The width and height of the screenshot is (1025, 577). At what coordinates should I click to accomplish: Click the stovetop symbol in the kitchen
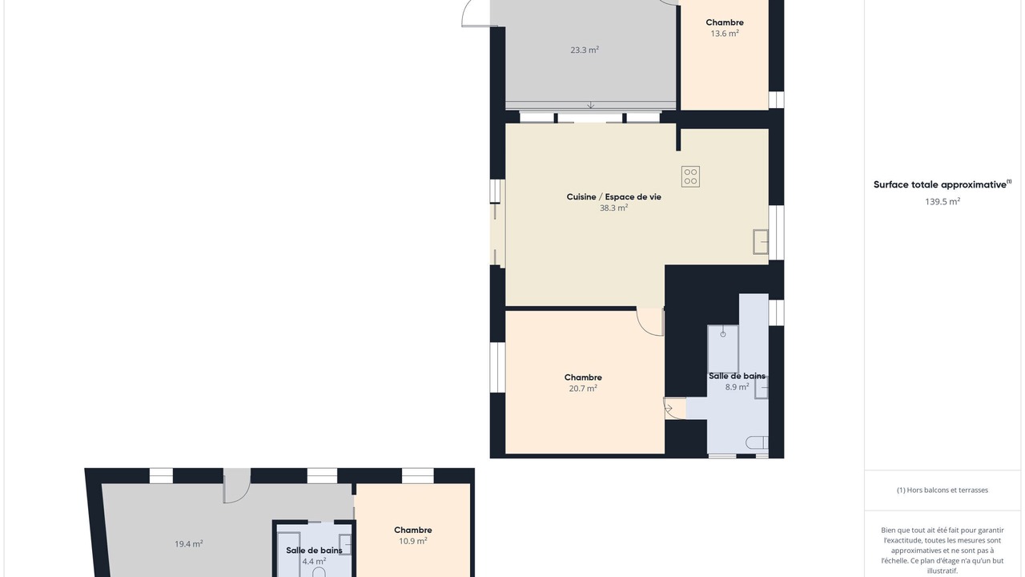pos(690,177)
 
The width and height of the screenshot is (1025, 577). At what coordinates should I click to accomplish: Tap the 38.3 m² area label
pos(613,208)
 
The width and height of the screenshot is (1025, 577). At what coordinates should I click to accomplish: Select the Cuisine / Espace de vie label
pos(613,197)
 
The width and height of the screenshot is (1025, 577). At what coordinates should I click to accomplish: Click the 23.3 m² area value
pos(585,50)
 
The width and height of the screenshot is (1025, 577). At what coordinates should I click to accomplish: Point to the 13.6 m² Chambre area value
pos(725,34)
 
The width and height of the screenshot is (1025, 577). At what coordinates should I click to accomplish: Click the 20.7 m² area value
pos(583,389)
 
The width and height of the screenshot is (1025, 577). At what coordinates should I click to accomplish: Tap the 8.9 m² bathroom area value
pos(737,387)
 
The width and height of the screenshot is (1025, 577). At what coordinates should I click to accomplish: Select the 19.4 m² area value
pos(188,544)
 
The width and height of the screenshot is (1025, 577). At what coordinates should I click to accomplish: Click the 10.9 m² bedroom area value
pos(412,541)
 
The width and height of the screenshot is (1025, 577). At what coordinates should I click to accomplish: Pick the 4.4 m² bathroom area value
pos(314,561)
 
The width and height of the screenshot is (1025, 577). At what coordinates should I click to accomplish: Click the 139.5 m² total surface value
pos(943,201)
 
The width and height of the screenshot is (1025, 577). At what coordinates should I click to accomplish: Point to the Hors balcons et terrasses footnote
pos(943,490)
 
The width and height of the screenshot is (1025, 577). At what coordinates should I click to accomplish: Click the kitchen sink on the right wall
pos(761,242)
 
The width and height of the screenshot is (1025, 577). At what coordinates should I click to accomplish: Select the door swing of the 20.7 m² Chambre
pos(650,322)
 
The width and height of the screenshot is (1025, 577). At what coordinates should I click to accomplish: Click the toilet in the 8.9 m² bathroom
pos(757,443)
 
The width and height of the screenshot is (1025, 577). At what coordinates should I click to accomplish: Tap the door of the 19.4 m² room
pos(236,486)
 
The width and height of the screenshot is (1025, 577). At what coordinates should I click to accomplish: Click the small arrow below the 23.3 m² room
pos(591,105)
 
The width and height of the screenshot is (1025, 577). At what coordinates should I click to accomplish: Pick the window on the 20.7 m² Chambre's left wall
pos(497,367)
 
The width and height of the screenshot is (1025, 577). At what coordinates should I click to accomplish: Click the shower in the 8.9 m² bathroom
pos(722,349)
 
